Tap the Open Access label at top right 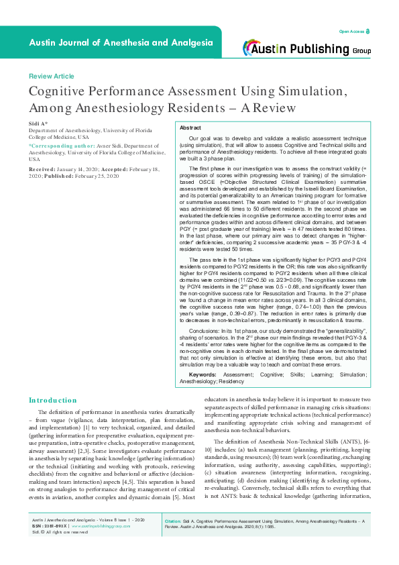point(351,32)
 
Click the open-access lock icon point(367,32)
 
